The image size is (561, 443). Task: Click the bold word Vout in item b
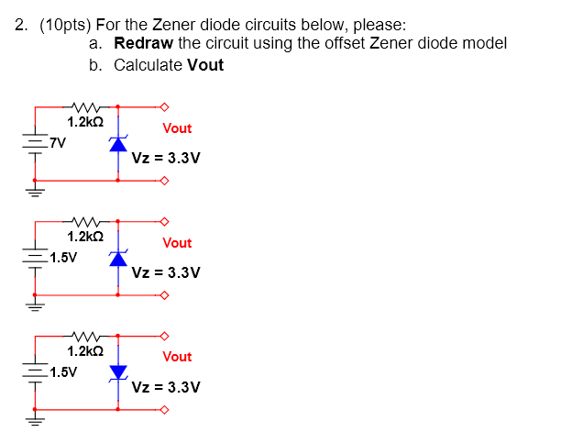[x=205, y=65]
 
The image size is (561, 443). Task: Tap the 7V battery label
[x=58, y=141]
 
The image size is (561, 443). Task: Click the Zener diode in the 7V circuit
[x=118, y=144]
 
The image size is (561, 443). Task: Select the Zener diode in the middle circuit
[x=118, y=258]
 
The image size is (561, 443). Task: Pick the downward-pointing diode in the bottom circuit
[x=118, y=371]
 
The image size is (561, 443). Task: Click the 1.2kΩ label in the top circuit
[x=85, y=121]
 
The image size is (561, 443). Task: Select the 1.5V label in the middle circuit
[x=63, y=257]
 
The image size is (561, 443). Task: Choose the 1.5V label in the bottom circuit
[x=63, y=371]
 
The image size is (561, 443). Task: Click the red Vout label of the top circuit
[x=177, y=128]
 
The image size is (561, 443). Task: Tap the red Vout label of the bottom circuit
[x=177, y=357]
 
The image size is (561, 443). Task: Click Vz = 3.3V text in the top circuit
[x=166, y=158]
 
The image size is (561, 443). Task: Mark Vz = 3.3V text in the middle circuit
[x=166, y=272]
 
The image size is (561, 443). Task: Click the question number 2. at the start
[x=22, y=26]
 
